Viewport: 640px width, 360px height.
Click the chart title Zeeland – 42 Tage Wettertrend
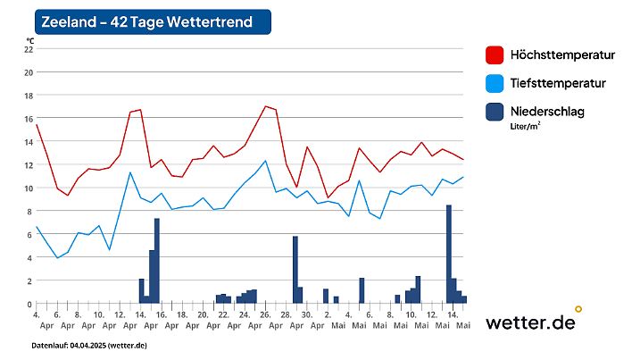[146, 21]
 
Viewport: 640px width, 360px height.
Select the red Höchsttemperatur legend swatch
[495, 55]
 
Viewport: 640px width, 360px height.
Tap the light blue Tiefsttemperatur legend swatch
[495, 83]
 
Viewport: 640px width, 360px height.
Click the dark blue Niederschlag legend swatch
[495, 112]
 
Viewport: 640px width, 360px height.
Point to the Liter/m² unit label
[526, 127]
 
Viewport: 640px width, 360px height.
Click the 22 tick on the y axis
[29, 49]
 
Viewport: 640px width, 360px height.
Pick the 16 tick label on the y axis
[29, 119]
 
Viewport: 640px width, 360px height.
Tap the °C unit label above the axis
[29, 40]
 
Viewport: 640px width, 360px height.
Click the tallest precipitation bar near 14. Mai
[449, 255]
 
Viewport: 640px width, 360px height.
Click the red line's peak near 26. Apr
[265, 106]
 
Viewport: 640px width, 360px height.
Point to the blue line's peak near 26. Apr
[265, 161]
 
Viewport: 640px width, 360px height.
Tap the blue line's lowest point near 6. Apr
[57, 258]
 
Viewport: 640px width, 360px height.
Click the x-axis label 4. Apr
[37, 320]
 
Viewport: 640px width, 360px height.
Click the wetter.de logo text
[530, 322]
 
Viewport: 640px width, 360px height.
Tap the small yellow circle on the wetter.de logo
[578, 309]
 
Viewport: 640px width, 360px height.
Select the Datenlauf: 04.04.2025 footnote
[89, 345]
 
